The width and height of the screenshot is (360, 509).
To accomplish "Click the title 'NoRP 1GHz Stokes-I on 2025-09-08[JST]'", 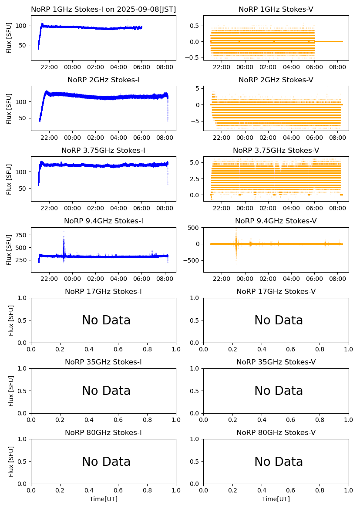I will pyautogui.click(x=104, y=10).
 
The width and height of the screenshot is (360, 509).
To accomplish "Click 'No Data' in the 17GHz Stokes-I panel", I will pyautogui.click(x=106, y=320).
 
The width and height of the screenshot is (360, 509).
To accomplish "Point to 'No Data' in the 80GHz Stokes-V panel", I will pyautogui.click(x=279, y=462).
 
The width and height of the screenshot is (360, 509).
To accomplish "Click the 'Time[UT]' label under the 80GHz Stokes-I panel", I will pyautogui.click(x=104, y=499).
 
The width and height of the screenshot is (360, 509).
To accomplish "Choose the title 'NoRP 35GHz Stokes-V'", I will pyautogui.click(x=276, y=362).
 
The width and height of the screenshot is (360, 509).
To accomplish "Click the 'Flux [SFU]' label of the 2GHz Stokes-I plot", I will pyautogui.click(x=9, y=108).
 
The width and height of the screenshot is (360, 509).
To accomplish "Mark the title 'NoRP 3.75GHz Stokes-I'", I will pyautogui.click(x=104, y=151).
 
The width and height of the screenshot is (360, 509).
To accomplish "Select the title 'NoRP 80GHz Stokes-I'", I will pyautogui.click(x=104, y=433).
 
